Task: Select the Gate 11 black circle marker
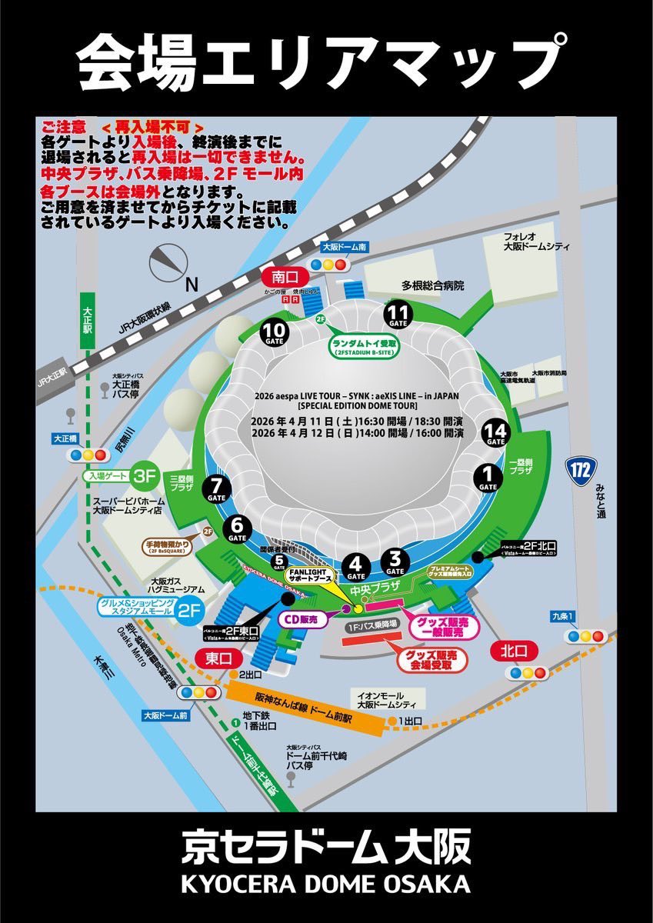point(398,314)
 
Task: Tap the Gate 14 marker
point(495,434)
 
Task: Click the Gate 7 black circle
point(216,488)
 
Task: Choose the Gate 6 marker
point(237,528)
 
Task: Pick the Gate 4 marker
point(355,566)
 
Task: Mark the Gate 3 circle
point(395,561)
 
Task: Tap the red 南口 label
point(285,276)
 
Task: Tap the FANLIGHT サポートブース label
point(308,578)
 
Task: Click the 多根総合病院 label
point(431,285)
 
